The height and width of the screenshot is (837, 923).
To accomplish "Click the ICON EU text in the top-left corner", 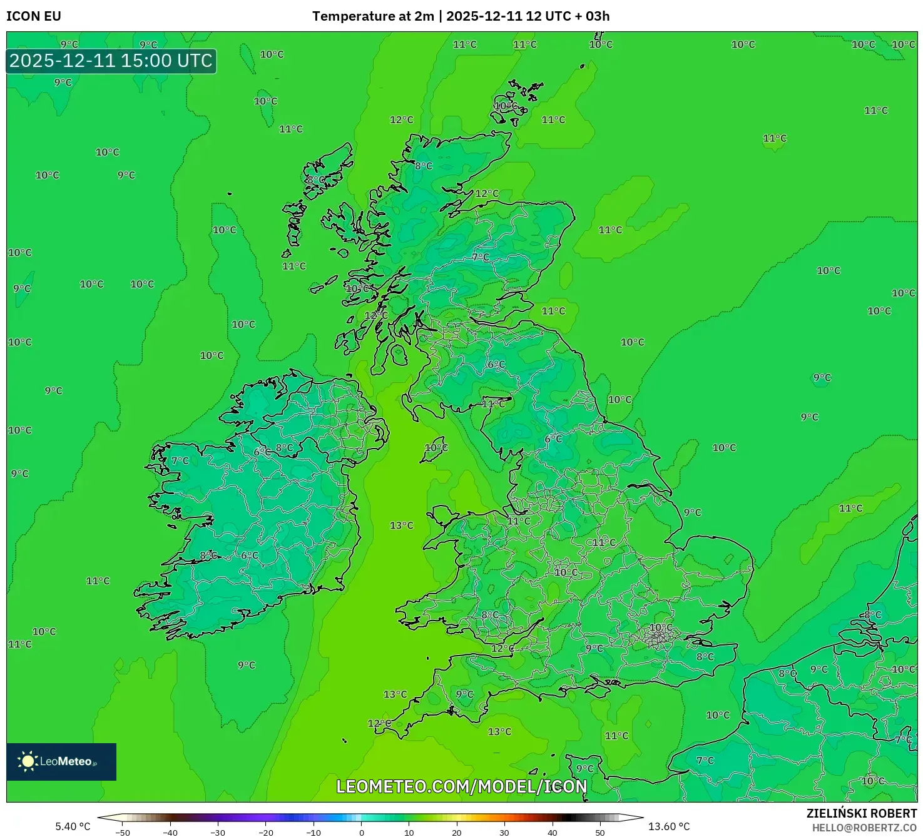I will pos(34,16).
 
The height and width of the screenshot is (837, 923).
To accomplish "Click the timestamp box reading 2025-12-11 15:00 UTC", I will pos(111,61).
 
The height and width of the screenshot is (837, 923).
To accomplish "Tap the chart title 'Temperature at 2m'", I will pos(373,16).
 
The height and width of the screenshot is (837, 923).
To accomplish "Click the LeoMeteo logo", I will pos(61,761).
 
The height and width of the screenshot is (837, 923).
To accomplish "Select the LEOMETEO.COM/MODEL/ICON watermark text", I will pos(462,786).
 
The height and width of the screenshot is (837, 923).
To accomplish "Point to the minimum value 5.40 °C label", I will pos(73,826).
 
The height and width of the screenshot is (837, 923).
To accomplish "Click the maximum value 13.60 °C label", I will pos(669,826).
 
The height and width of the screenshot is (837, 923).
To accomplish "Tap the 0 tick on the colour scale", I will pos(362,833).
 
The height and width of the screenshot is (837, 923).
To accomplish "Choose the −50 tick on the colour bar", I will pos(123,833).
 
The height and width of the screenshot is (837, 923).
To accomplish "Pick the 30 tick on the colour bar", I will pos(504,833).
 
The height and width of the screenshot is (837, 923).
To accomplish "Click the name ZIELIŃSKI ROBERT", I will pos(862,813).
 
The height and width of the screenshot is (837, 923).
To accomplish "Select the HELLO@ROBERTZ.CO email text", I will pos(864,828).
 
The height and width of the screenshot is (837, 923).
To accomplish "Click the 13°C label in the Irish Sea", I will pos(402,525).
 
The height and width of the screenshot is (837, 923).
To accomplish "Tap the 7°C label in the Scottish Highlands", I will pos(481,257).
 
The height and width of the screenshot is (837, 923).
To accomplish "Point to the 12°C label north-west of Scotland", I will pos(402,119).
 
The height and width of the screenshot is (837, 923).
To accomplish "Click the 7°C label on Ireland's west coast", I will pos(180,460).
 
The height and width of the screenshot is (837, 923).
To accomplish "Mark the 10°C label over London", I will pos(661,627).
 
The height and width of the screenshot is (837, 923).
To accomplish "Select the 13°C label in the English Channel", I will pos(499,731).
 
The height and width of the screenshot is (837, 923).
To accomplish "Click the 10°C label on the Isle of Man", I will pos(436,447).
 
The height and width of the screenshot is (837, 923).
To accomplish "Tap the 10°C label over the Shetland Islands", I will pos(506,106).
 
